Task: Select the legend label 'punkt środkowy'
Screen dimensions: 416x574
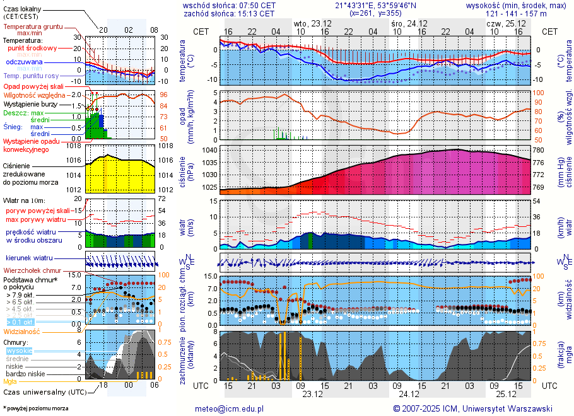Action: coord(32,48)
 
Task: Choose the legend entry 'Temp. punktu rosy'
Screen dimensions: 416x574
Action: coord(31,76)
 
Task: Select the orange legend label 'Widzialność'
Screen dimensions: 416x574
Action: coord(22,331)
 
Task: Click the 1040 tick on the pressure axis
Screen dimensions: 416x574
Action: coord(210,151)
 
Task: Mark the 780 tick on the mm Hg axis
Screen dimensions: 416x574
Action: coord(538,151)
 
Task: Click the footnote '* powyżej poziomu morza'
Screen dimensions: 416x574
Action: coord(36,408)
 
